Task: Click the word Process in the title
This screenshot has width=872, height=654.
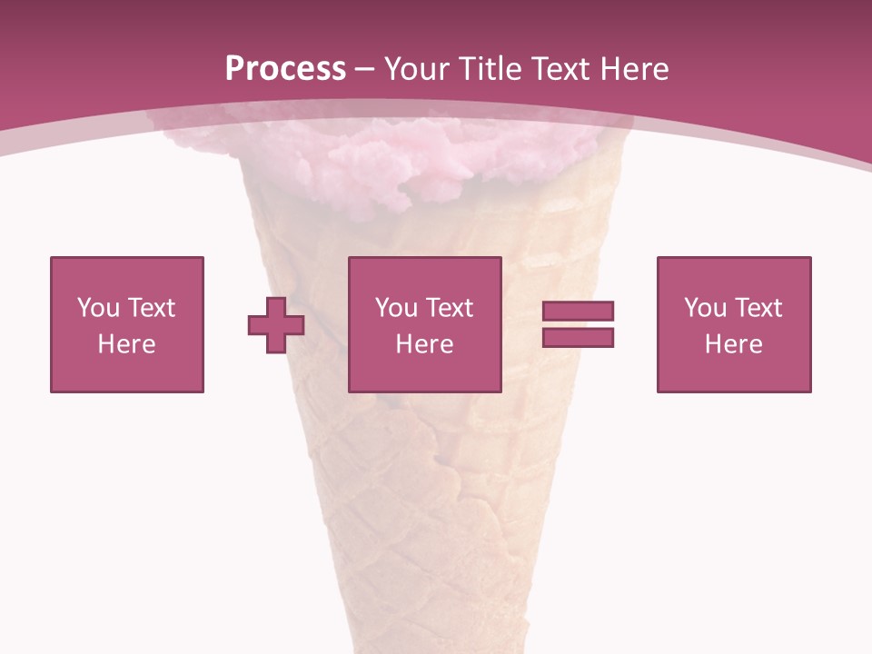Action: click(285, 69)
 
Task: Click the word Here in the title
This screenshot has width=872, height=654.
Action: click(634, 69)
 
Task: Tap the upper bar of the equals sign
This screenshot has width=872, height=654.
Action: click(578, 312)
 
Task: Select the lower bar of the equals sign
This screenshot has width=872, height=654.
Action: click(578, 338)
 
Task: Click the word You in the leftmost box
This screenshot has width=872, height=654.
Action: click(97, 308)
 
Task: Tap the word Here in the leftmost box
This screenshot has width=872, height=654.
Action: click(126, 344)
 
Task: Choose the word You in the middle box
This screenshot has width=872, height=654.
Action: click(396, 308)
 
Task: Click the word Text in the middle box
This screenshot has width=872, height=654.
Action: click(449, 308)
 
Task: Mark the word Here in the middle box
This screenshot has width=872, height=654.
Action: click(424, 344)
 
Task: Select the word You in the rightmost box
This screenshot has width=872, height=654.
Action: click(705, 308)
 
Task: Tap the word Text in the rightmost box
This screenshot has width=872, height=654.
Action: click(758, 308)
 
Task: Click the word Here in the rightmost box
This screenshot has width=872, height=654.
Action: click(733, 344)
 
